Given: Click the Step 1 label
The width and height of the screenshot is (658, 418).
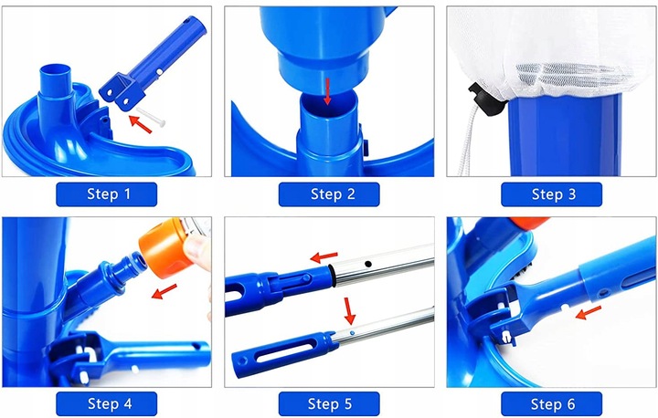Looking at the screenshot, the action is pos(107,194).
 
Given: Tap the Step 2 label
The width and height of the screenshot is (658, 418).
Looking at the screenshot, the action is pos(329,194).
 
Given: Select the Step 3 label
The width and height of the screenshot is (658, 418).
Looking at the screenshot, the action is pos(551,194).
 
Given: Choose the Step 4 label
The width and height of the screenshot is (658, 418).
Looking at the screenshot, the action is pos(107,403).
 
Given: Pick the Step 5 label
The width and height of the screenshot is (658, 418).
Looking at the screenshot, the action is pos(329,403).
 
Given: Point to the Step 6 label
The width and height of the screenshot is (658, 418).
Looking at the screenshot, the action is pos(551,403).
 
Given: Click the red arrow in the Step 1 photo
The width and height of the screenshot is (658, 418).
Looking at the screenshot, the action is pos(140,124).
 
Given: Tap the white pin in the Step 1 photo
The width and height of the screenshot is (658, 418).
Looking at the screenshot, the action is pos(151,117).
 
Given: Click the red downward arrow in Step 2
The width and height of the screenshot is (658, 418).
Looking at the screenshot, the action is pos(327,91).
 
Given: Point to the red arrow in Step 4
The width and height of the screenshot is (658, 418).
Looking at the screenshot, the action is pos(164,291).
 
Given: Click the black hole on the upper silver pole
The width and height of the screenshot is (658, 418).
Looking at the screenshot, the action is pos(368,264).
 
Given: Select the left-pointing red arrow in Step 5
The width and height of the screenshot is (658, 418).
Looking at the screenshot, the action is pos(324,256).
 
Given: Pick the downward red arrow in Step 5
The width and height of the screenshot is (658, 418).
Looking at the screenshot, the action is pos(349,310).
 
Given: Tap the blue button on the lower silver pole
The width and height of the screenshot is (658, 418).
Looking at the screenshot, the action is pos(352,333).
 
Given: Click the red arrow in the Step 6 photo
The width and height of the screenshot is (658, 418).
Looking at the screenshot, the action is pos(589,313).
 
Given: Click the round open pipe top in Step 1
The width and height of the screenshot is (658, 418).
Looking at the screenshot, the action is pos(56,70).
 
